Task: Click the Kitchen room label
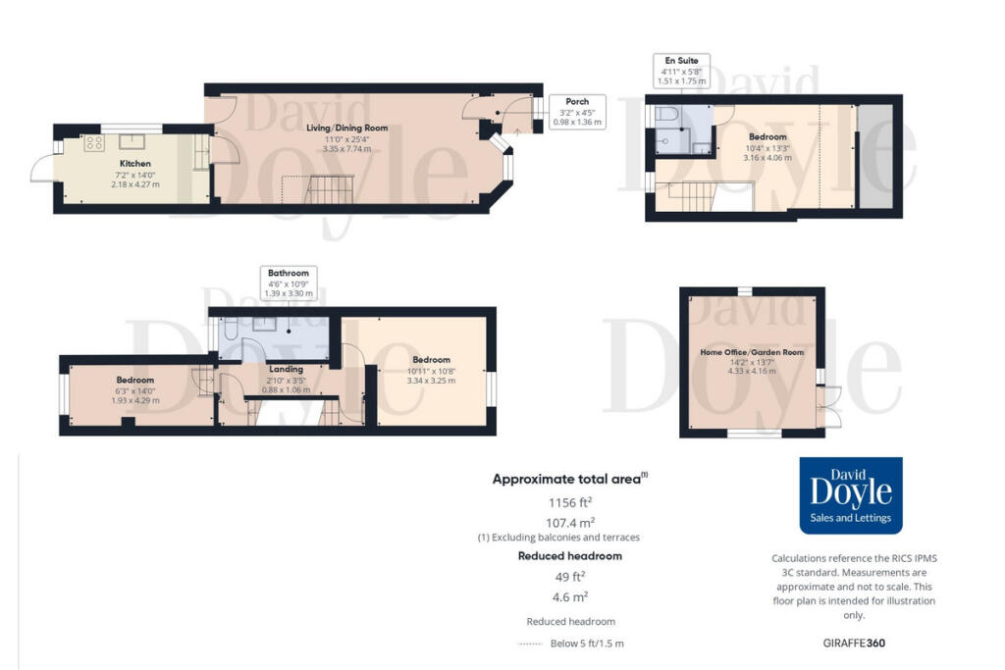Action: tap(135, 163)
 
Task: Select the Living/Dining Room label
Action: tap(346, 128)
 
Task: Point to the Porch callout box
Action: tap(577, 112)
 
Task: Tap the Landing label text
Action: tap(286, 368)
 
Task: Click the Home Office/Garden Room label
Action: tap(752, 350)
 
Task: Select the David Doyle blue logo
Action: tap(851, 495)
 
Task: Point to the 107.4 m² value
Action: tap(569, 522)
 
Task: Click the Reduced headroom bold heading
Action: tap(569, 555)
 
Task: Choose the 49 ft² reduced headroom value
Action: tap(569, 576)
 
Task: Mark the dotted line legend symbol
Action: tap(530, 644)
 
